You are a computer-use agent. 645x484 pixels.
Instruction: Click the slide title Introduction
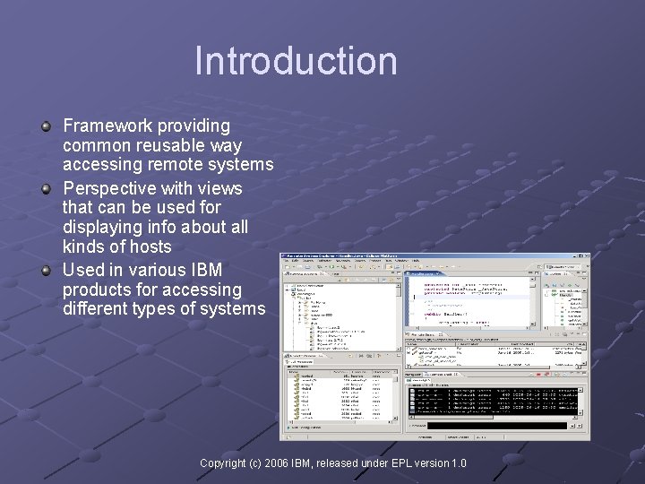click(296, 61)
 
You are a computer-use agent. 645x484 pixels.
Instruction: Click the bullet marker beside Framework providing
click(46, 126)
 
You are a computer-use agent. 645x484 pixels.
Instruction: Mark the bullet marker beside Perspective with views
click(46, 189)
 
